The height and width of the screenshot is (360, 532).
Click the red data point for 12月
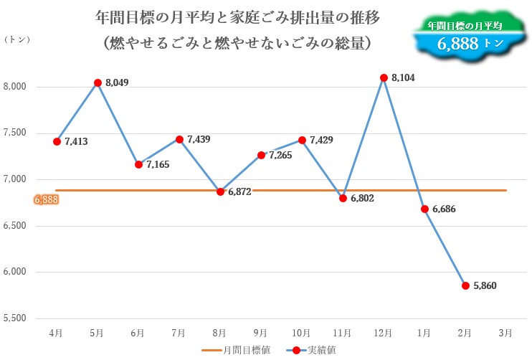[384, 77]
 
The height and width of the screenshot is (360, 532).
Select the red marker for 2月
[465, 285]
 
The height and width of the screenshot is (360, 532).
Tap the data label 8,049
[117, 84]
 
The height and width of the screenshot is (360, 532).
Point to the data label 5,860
[485, 285]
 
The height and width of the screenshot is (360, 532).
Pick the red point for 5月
[97, 82]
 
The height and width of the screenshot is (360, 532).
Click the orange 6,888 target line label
[45, 199]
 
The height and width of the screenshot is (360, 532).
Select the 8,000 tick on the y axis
[15, 87]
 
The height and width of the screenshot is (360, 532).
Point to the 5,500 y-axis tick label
[15, 318]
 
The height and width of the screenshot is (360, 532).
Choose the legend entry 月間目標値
[242, 350]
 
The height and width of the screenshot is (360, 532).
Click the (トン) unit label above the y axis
[16, 39]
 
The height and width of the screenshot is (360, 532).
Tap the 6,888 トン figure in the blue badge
[470, 44]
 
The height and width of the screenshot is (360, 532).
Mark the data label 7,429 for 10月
[321, 141]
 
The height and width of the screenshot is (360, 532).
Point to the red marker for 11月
[343, 198]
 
